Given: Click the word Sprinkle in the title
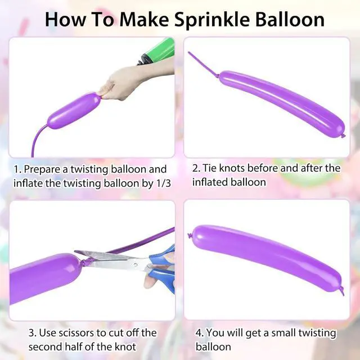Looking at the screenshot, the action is (x=212, y=20).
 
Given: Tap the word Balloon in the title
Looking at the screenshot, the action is (x=290, y=19).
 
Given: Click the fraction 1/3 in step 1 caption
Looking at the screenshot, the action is (x=163, y=183).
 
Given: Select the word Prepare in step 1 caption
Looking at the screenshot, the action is (x=42, y=169).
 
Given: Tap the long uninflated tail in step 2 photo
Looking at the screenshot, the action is (x=204, y=65).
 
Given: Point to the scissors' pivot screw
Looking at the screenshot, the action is (x=136, y=264).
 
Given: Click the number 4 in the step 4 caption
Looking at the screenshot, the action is (x=199, y=332).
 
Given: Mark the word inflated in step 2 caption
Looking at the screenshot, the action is (x=209, y=182).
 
